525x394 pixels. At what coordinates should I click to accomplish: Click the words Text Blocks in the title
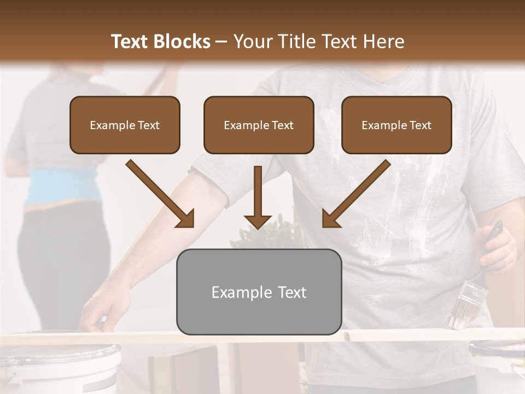tap(160, 42)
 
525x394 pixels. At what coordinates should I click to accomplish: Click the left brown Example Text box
tap(125, 125)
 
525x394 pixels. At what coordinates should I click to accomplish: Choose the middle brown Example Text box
tap(259, 125)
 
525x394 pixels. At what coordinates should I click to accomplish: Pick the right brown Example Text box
tap(396, 125)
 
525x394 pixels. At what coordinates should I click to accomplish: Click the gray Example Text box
tap(259, 292)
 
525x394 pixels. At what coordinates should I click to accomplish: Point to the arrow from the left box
tap(161, 194)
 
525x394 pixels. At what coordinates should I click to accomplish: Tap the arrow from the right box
tap(355, 194)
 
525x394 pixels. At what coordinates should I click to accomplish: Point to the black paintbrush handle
tap(494, 232)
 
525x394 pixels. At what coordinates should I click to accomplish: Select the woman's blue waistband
tap(55, 186)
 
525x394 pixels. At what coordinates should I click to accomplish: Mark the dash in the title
tap(221, 42)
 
